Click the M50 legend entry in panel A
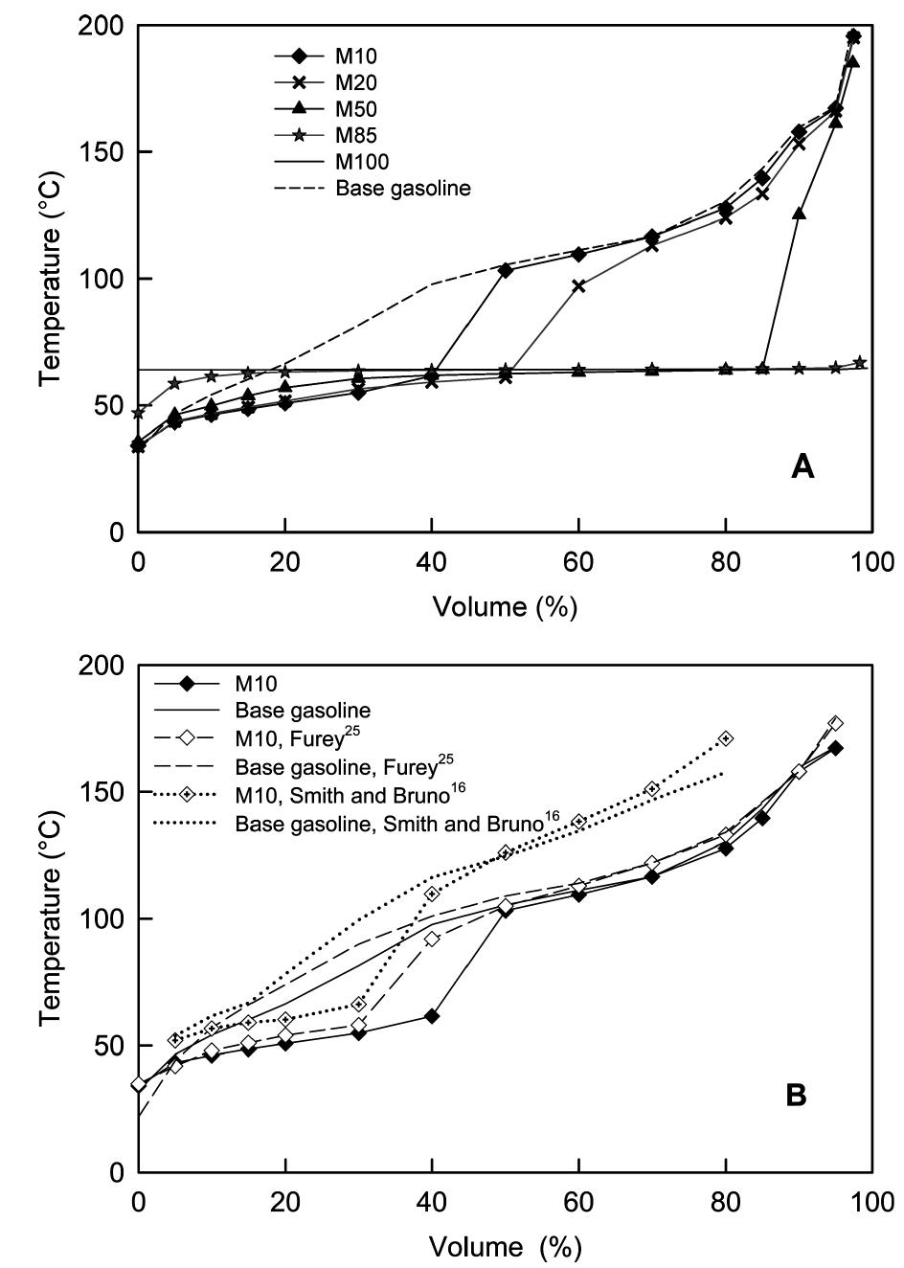coord(352,110)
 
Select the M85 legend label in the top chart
coord(352,136)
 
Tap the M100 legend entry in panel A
coord(357,162)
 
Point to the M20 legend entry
coord(352,84)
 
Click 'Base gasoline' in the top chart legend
coord(402,188)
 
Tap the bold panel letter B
coord(796,1096)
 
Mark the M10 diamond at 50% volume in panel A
coord(506,270)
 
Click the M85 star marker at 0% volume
coord(139,413)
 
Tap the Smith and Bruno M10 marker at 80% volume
coord(726,738)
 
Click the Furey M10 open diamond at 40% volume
coord(432,939)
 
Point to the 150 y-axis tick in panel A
coord(109,152)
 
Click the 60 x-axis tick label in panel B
coord(578,1200)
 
